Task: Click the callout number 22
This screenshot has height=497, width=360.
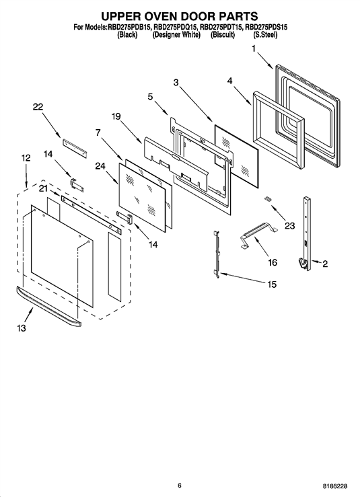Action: click(38, 107)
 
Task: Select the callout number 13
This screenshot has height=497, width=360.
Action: click(22, 328)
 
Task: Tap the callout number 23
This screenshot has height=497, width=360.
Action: click(290, 226)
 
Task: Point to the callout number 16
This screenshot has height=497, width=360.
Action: click(273, 262)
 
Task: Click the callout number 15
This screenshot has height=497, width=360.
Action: click(272, 284)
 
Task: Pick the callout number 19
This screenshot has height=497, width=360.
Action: click(116, 116)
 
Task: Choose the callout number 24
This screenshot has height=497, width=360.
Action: click(100, 165)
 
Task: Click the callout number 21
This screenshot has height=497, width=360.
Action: click(43, 188)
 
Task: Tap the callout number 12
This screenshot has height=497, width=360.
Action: click(26, 157)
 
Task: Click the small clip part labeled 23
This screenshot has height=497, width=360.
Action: click(268, 198)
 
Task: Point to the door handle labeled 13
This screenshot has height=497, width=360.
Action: click(48, 307)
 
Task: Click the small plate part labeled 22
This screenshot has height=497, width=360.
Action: click(75, 148)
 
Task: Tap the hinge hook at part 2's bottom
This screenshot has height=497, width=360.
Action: click(303, 264)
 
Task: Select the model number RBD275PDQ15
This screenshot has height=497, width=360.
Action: click(175, 28)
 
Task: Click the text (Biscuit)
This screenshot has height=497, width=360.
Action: click(223, 35)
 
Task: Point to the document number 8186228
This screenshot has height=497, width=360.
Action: click(335, 486)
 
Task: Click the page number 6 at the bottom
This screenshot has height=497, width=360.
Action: click(180, 485)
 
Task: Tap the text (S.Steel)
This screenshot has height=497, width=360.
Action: click(265, 35)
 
